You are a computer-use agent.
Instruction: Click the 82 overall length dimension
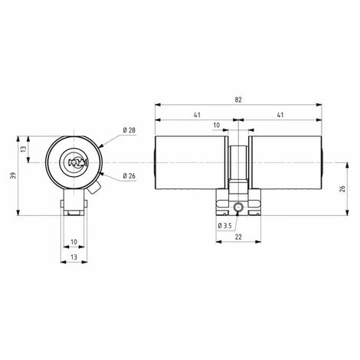[x=238, y=100]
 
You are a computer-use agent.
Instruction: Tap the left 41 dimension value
[x=197, y=115]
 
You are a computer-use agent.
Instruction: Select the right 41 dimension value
[x=280, y=115]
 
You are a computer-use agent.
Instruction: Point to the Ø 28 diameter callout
[x=129, y=130]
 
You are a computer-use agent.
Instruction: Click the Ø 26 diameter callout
[x=129, y=176]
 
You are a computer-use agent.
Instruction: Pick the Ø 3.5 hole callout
[x=224, y=226]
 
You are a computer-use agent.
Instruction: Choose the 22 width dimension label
[x=238, y=237]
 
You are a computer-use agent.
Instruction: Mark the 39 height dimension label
[x=14, y=175]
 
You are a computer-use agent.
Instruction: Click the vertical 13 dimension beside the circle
[x=24, y=149]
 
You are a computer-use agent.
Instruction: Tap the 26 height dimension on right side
[x=342, y=189]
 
